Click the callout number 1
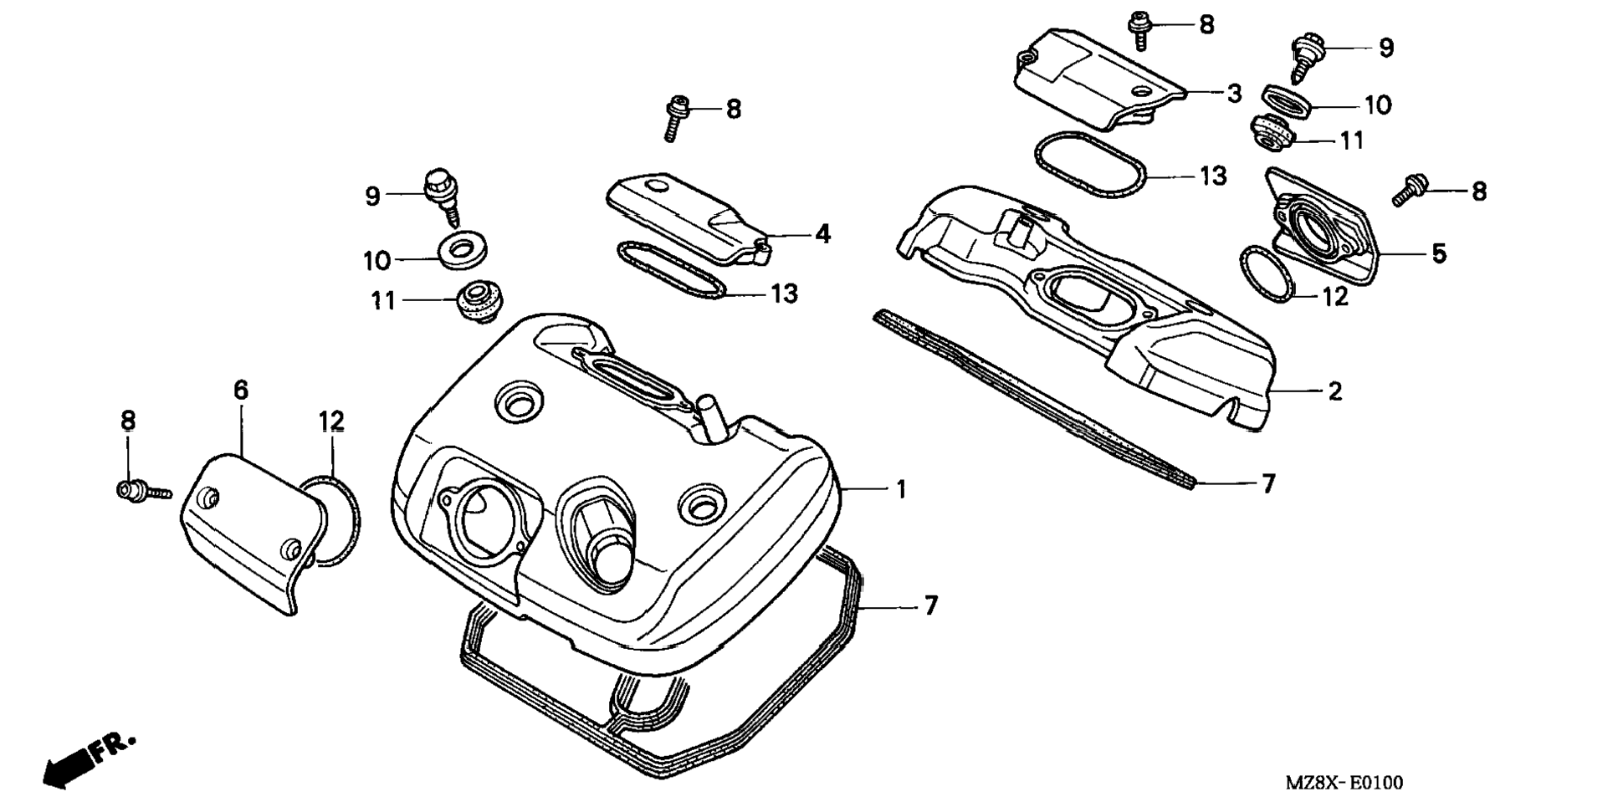pos(901,489)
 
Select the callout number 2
pos(1334,391)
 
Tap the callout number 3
pos(1235,94)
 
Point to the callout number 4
pos(823,234)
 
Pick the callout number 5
pos(1438,253)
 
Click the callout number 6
pos(241,390)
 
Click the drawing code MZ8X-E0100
pos(1344,783)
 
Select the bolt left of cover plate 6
pos(141,491)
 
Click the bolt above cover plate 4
pos(675,117)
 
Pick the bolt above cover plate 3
pos(1138,29)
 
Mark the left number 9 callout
pos(372,197)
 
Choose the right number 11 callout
pos(1351,140)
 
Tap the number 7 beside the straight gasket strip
pos(1268,483)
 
